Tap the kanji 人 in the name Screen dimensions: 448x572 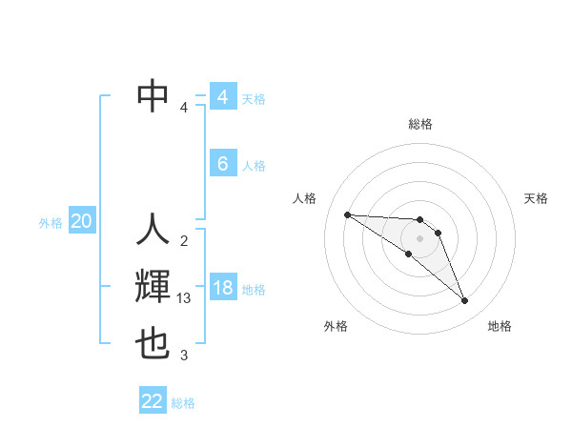[153, 229]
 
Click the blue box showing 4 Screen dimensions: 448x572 [222, 97]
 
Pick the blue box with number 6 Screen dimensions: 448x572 [222, 164]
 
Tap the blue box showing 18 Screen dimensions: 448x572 [222, 288]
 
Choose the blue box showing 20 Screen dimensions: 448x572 [82, 222]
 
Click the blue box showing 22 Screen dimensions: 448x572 [153, 401]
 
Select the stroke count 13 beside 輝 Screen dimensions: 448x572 [185, 298]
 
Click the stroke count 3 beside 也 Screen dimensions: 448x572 [184, 356]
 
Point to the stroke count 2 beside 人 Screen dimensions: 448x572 [184, 240]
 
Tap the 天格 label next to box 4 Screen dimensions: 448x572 [254, 98]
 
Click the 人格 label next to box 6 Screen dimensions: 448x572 [254, 165]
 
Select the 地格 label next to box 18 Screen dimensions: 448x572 [254, 289]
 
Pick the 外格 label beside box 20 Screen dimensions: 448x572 [51, 223]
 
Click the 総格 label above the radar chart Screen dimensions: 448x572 [419, 124]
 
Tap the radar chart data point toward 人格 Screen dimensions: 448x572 [347, 214]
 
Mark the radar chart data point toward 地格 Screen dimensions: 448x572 [465, 301]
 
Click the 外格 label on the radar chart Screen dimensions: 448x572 [336, 326]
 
